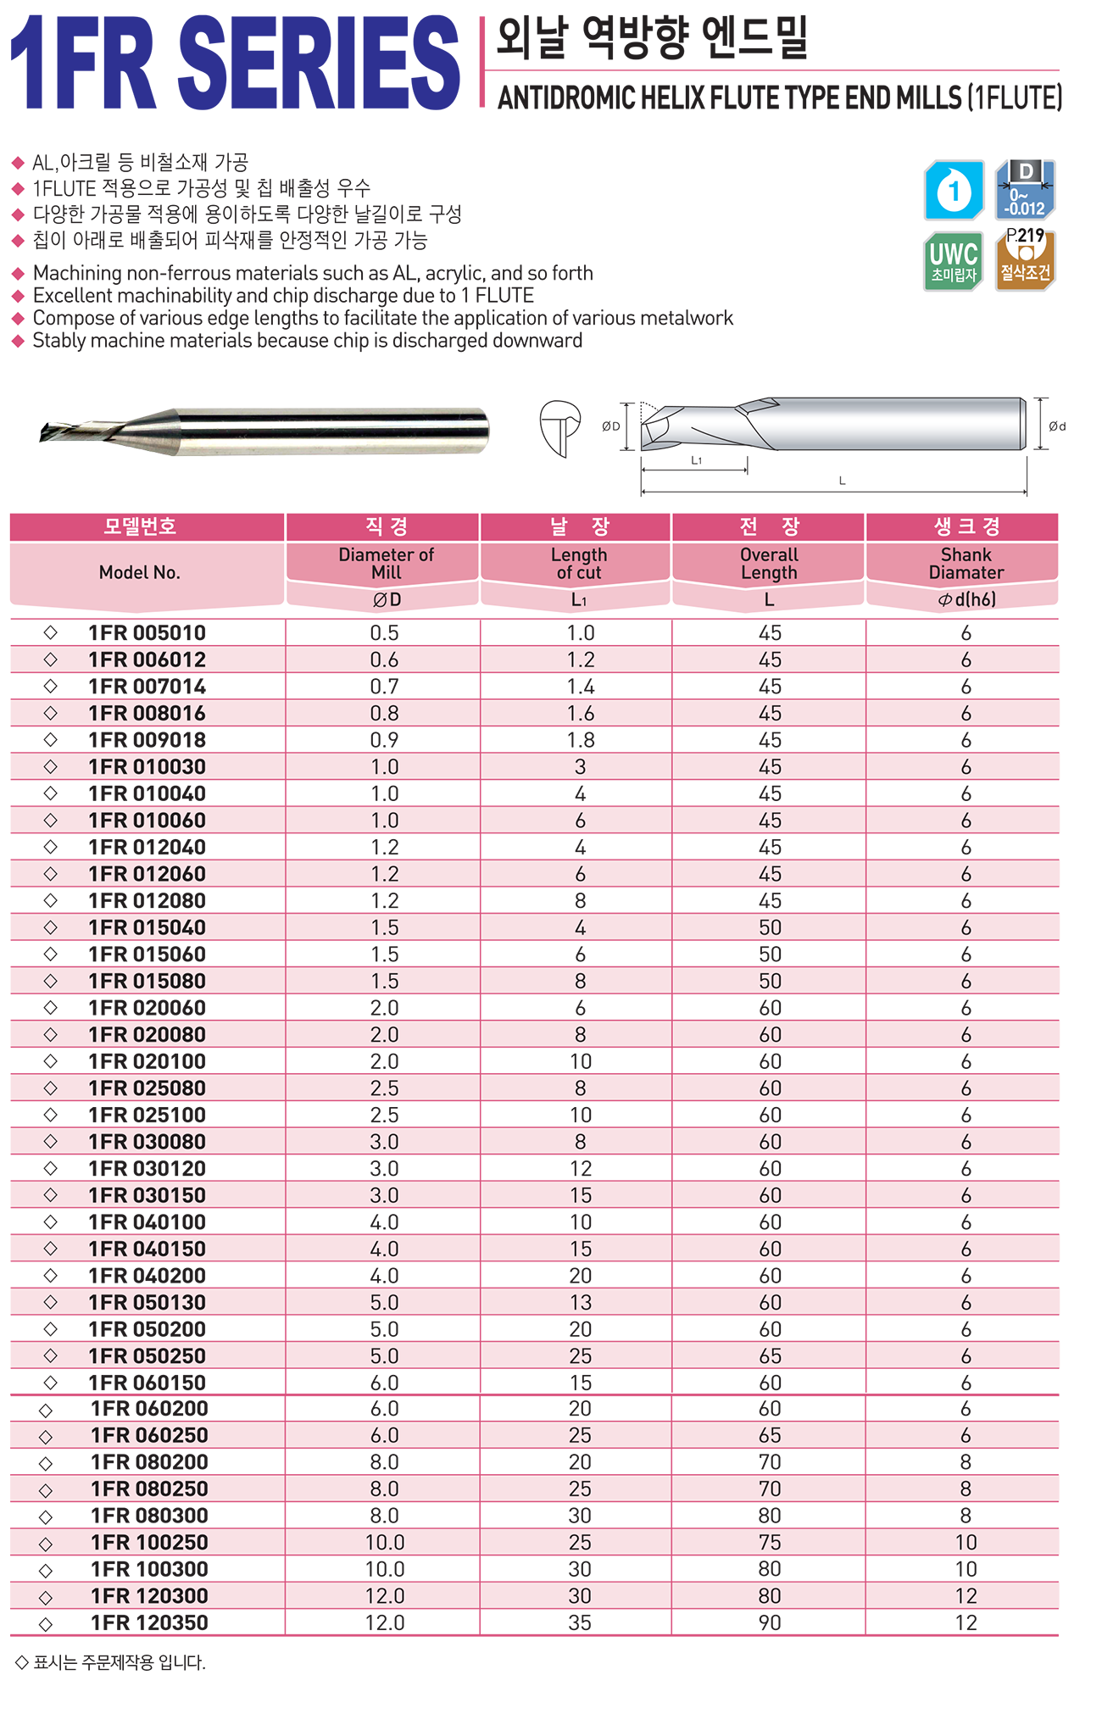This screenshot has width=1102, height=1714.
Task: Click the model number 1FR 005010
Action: pyautogui.click(x=147, y=632)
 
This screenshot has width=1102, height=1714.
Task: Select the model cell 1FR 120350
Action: pyautogui.click(x=149, y=1622)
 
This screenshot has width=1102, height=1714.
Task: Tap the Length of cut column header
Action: pyautogui.click(x=578, y=564)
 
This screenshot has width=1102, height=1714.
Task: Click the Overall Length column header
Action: pyautogui.click(x=769, y=564)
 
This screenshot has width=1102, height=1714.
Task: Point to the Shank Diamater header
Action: pyautogui.click(x=966, y=564)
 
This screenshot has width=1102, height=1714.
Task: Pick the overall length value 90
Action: pyautogui.click(x=770, y=1622)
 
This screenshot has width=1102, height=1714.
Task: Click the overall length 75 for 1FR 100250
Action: pyautogui.click(x=770, y=1542)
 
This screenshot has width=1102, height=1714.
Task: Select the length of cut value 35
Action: pyautogui.click(x=580, y=1622)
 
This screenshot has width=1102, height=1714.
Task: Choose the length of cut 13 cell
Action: pyautogui.click(x=580, y=1302)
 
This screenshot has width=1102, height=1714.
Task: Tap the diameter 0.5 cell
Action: pyautogui.click(x=384, y=632)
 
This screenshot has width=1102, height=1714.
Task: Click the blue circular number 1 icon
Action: pyautogui.click(x=954, y=190)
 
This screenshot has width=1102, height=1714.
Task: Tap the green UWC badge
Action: pyautogui.click(x=954, y=261)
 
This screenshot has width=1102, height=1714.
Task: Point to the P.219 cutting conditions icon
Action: pyautogui.click(x=1025, y=260)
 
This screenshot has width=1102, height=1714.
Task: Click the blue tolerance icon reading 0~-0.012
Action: pyautogui.click(x=1025, y=190)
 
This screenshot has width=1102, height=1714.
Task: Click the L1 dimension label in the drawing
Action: pyautogui.click(x=696, y=460)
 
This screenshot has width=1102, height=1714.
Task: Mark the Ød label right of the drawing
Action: pyautogui.click(x=1057, y=426)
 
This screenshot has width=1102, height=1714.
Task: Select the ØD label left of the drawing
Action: pyautogui.click(x=610, y=426)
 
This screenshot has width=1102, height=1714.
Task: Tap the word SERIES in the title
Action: pyautogui.click(x=318, y=64)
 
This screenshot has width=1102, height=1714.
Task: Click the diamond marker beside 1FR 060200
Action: pyautogui.click(x=46, y=1410)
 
